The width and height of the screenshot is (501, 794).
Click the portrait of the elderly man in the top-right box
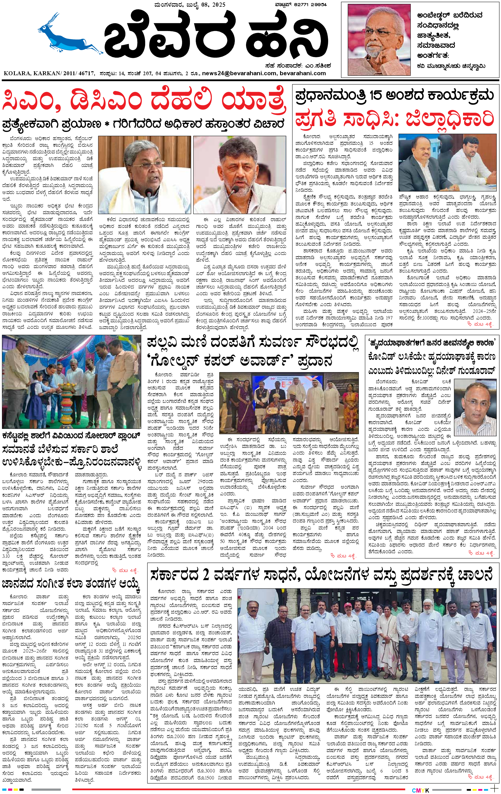pos(379,40)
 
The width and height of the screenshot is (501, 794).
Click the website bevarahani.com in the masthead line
pos(303,73)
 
